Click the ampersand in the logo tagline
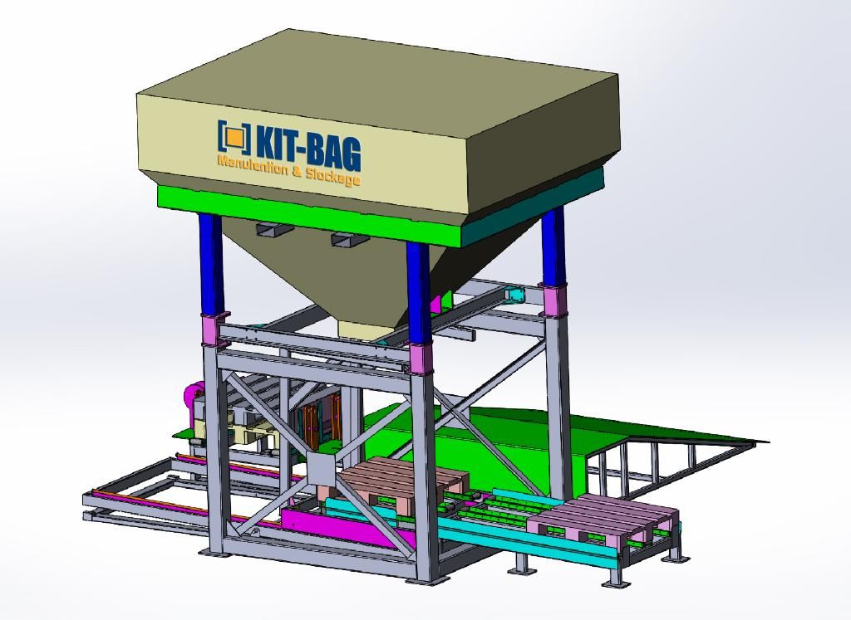pos(297,169)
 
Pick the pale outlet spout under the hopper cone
pos(365,330)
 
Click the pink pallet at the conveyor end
pos(603,518)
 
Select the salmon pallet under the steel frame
pos(397,483)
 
